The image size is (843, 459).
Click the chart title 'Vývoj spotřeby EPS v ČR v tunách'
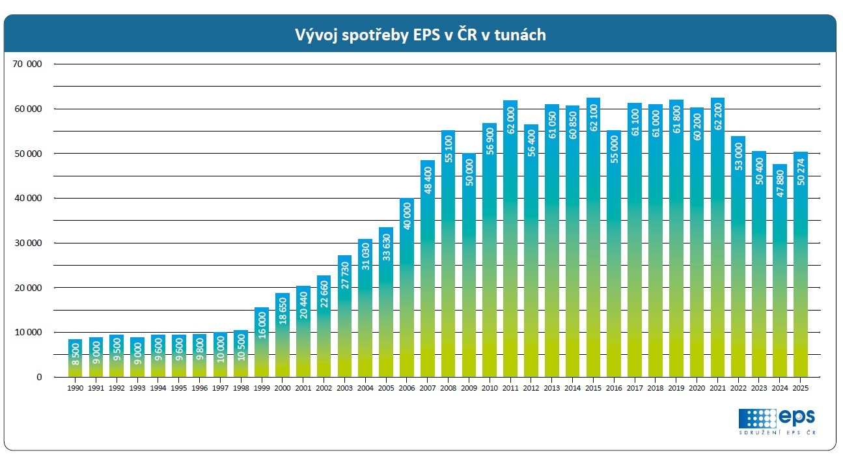coord(420,35)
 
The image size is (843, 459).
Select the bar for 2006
coord(407,286)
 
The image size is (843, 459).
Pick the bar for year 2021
coord(717,238)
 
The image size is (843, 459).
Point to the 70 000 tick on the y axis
coord(27,64)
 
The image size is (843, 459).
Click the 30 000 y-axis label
coord(27,243)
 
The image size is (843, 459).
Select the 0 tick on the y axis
coord(39,377)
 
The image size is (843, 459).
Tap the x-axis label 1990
coord(75,388)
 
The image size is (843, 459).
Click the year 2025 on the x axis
coord(801,388)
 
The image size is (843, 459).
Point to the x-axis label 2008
coord(448,388)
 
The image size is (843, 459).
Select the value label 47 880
coord(780,184)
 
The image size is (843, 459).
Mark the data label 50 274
coord(801,173)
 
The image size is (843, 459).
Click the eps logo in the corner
coord(777,417)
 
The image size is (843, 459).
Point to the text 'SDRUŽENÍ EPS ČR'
coord(777,433)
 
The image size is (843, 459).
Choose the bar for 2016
coord(614,254)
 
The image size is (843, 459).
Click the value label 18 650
coord(283,312)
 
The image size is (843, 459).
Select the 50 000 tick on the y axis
coord(27,154)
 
